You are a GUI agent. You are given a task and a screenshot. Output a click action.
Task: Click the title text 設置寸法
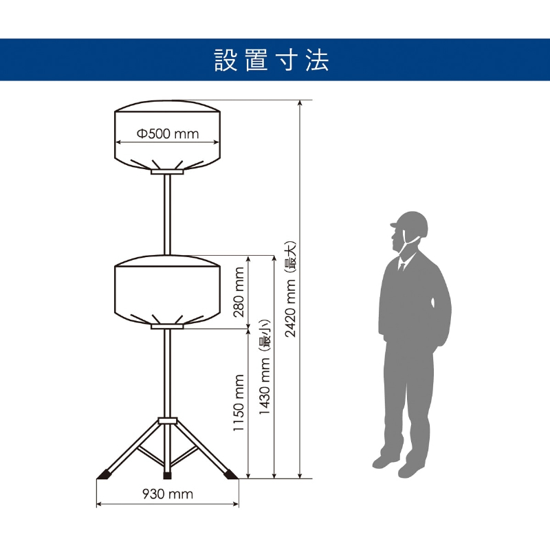click(x=272, y=60)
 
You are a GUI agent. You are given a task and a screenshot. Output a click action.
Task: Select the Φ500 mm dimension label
click(x=168, y=133)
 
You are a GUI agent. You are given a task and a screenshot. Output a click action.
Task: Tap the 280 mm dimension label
click(x=239, y=291)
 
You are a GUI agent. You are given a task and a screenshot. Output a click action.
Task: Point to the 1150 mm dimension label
click(x=239, y=403)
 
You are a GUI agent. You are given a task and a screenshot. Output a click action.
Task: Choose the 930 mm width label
click(x=167, y=494)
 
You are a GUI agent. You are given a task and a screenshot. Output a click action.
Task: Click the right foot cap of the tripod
click(x=230, y=474)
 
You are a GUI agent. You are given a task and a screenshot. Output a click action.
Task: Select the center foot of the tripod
click(x=167, y=474)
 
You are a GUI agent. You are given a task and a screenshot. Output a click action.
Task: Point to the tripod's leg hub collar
click(x=167, y=420)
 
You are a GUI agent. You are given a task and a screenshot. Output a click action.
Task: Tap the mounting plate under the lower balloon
click(x=167, y=327)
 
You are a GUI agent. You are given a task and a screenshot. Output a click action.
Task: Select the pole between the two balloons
click(x=167, y=213)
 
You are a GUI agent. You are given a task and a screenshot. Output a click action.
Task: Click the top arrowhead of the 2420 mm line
click(x=300, y=103)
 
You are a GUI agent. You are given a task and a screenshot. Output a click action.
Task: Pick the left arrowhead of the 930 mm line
click(x=98, y=504)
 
